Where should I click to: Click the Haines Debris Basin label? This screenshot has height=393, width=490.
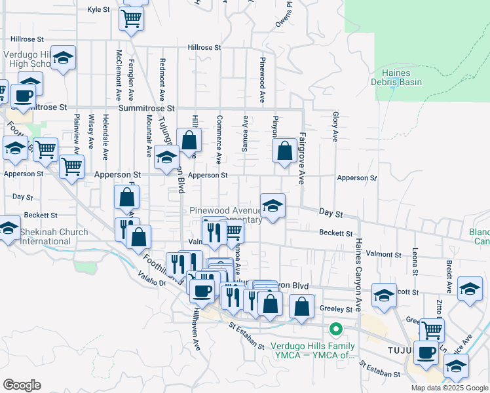coord(398,77)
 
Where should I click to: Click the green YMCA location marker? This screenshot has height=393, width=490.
coord(336,329)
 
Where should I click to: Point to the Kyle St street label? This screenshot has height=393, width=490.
coord(98,10)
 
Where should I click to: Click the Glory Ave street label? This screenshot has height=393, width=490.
coord(335,126)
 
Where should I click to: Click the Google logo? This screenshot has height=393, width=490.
coord(22,384)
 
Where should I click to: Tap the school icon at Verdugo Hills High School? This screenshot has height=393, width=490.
coord(63,58)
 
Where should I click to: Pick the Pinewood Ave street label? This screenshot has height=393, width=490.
coord(261,85)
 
